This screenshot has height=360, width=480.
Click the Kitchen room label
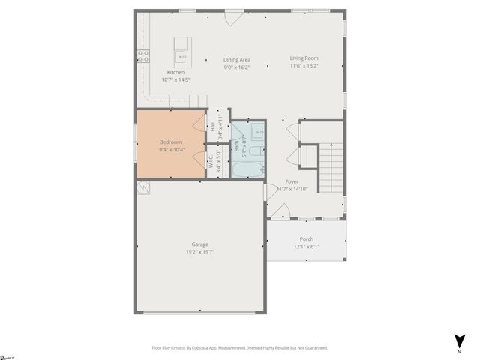click(175, 72)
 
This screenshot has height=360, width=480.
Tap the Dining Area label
click(237, 60)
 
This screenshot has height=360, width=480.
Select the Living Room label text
click(305, 58)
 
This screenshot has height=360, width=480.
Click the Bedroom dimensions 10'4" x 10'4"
click(170, 150)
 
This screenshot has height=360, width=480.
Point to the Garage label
click(199, 244)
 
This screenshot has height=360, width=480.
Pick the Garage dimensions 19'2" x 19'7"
click(199, 252)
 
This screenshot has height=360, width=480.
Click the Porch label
click(307, 239)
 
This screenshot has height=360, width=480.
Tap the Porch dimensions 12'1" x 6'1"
click(307, 247)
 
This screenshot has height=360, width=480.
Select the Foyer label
click(292, 182)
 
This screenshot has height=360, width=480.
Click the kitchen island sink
click(182, 55)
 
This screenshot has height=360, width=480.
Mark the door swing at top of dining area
click(235, 16)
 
